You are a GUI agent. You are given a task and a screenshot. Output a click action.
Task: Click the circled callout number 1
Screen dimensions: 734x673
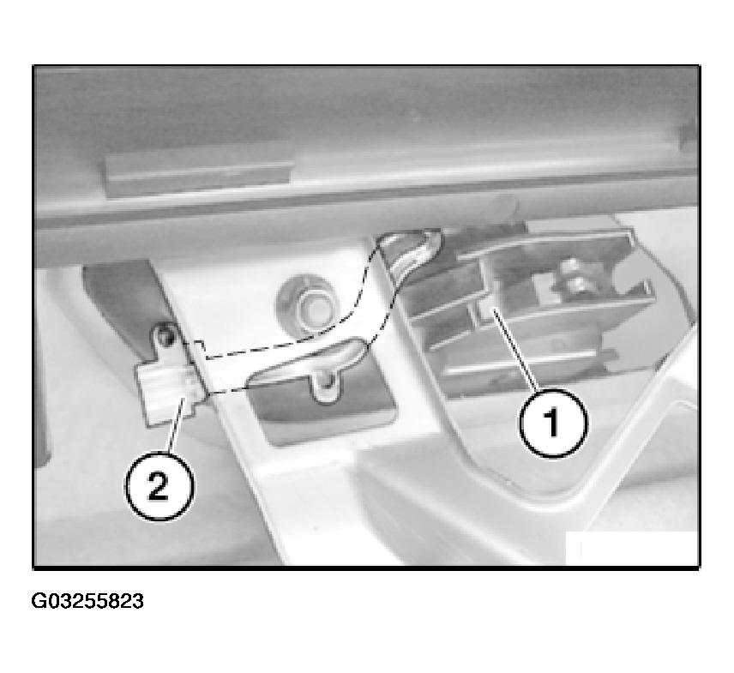click(553, 423)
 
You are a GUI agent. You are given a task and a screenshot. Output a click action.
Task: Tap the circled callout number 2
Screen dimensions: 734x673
click(159, 486)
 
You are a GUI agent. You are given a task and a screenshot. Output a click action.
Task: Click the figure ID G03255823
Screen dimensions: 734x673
click(87, 600)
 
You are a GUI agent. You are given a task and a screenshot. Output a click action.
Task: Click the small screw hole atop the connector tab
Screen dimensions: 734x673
click(163, 333)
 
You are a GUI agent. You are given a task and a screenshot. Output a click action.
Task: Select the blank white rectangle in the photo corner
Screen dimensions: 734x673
click(632, 548)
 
